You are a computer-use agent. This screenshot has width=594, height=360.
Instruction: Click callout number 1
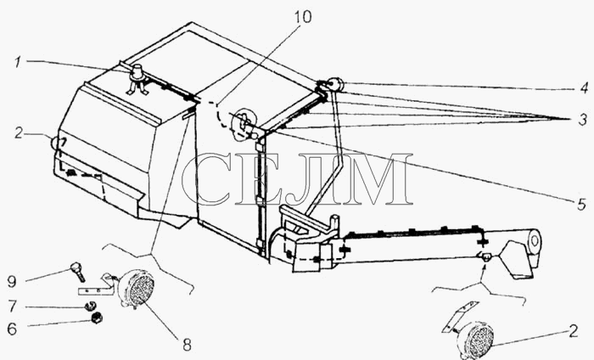coord(18,63)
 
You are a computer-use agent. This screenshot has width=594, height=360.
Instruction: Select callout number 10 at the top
coord(303,17)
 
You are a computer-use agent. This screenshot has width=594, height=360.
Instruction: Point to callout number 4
coord(584,88)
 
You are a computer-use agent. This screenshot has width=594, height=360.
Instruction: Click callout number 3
coord(583,120)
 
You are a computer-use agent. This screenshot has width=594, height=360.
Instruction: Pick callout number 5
coord(582,205)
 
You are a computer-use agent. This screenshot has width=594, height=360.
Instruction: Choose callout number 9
coord(12,281)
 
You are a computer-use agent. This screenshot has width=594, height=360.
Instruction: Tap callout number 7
coord(13,307)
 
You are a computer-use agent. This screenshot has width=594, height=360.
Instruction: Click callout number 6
coord(12,329)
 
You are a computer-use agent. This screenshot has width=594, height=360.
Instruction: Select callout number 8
coord(188,345)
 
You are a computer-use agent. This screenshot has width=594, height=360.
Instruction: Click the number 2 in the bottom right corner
coord(573,331)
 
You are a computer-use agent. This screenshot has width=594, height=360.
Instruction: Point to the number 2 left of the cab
coord(19,132)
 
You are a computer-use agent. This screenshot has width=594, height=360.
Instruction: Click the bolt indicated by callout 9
coord(78,272)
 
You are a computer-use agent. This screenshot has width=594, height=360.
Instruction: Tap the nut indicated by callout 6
coord(98,318)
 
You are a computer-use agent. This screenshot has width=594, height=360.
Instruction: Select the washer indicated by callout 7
coord(90,305)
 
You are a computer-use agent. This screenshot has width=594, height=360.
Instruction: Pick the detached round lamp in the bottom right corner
coord(475,339)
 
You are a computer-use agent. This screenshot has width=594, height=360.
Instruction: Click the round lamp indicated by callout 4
coord(335,85)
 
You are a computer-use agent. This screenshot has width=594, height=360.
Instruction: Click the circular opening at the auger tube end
coord(535,240)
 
